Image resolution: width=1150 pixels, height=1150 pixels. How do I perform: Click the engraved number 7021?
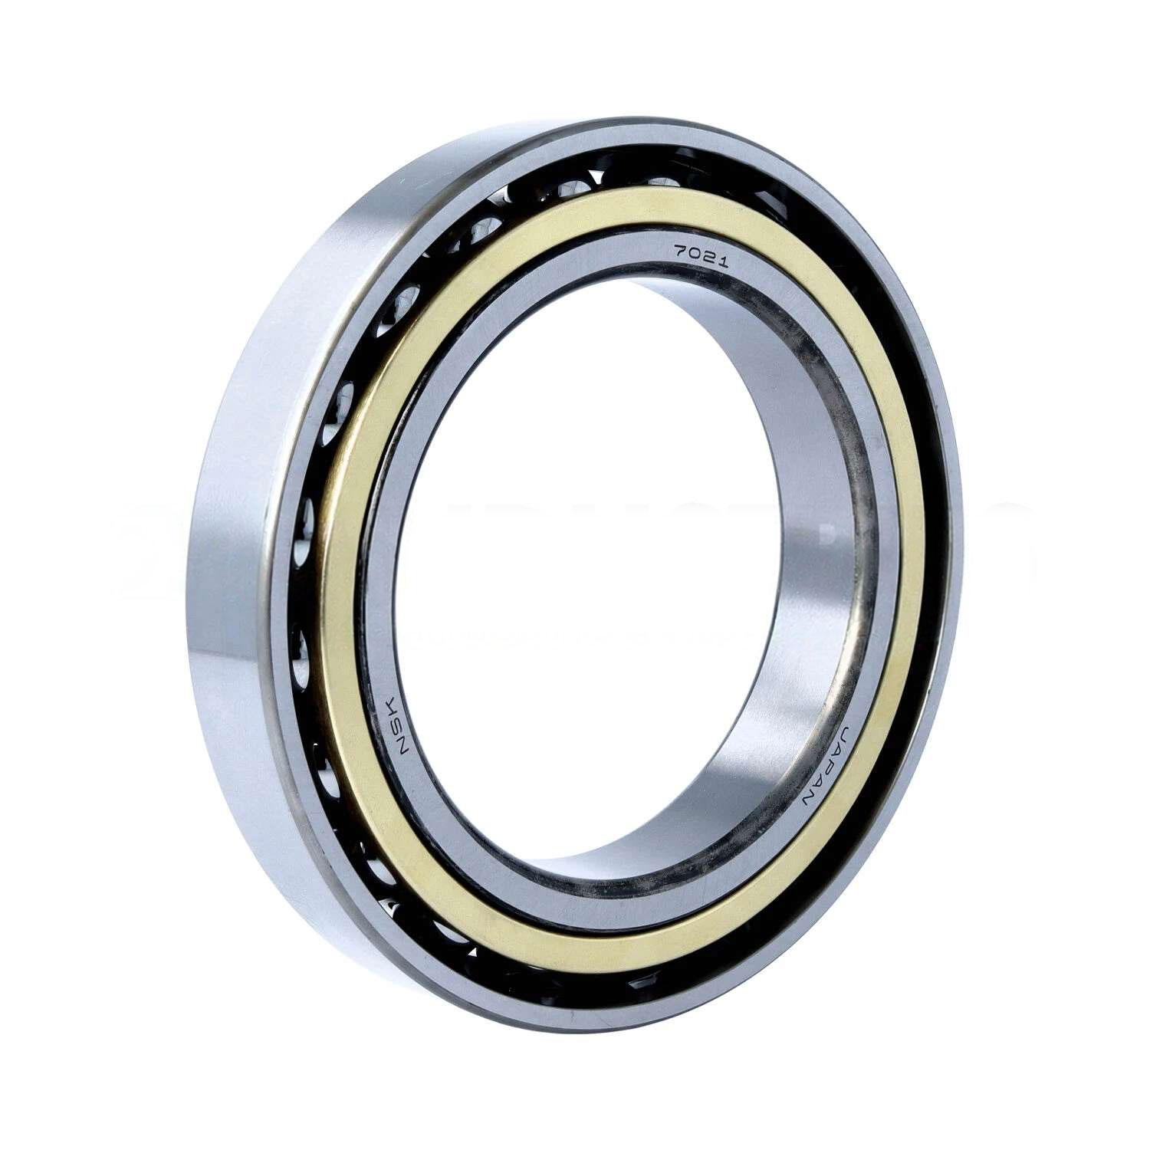700,255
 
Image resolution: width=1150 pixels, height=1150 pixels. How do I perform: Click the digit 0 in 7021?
693,252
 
